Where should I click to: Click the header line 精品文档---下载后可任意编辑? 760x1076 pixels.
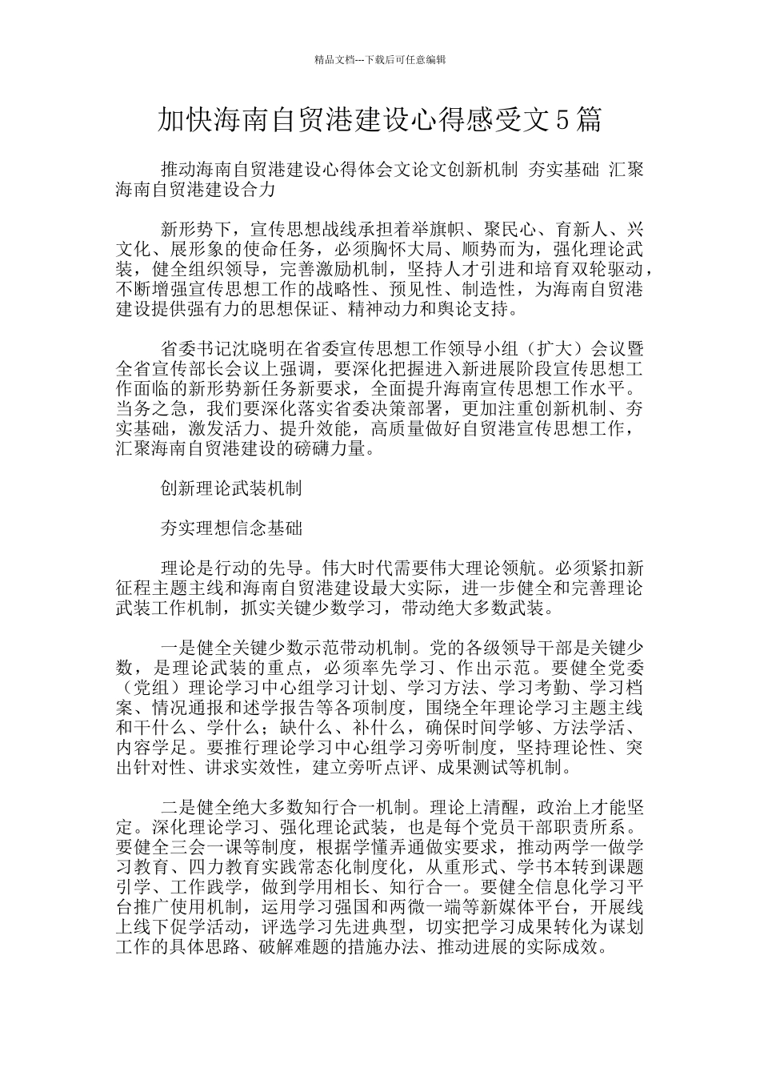tap(380, 60)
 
